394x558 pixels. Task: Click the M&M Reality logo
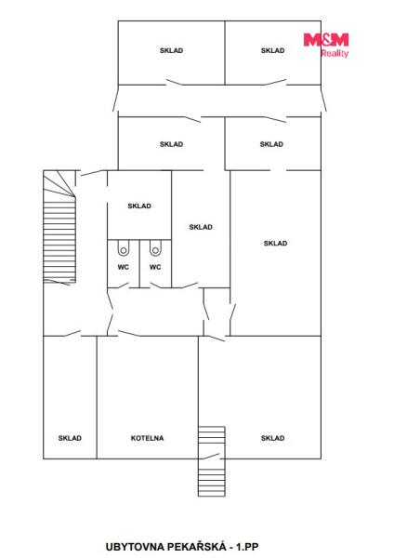[x=326, y=45]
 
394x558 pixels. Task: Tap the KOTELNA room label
[x=147, y=438]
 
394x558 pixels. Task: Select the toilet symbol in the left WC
[x=124, y=248]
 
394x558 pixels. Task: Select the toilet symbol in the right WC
[x=155, y=248]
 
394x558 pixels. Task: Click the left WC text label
[x=124, y=267]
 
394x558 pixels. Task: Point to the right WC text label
[x=155, y=267]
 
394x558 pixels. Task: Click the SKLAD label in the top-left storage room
[x=171, y=50]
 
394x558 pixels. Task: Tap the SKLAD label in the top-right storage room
[x=273, y=50]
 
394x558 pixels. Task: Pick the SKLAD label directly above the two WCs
[x=139, y=206]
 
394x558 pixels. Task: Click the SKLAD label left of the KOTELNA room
[x=70, y=438]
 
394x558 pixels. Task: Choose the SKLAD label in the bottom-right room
[x=273, y=438]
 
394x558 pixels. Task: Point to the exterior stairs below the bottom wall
[x=212, y=478]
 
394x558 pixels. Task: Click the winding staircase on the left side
[x=59, y=227]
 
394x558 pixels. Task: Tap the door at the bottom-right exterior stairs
[x=211, y=457]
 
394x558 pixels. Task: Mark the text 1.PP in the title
[x=247, y=546]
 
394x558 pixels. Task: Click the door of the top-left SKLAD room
[x=175, y=83]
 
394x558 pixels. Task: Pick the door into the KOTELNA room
[x=129, y=334]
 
